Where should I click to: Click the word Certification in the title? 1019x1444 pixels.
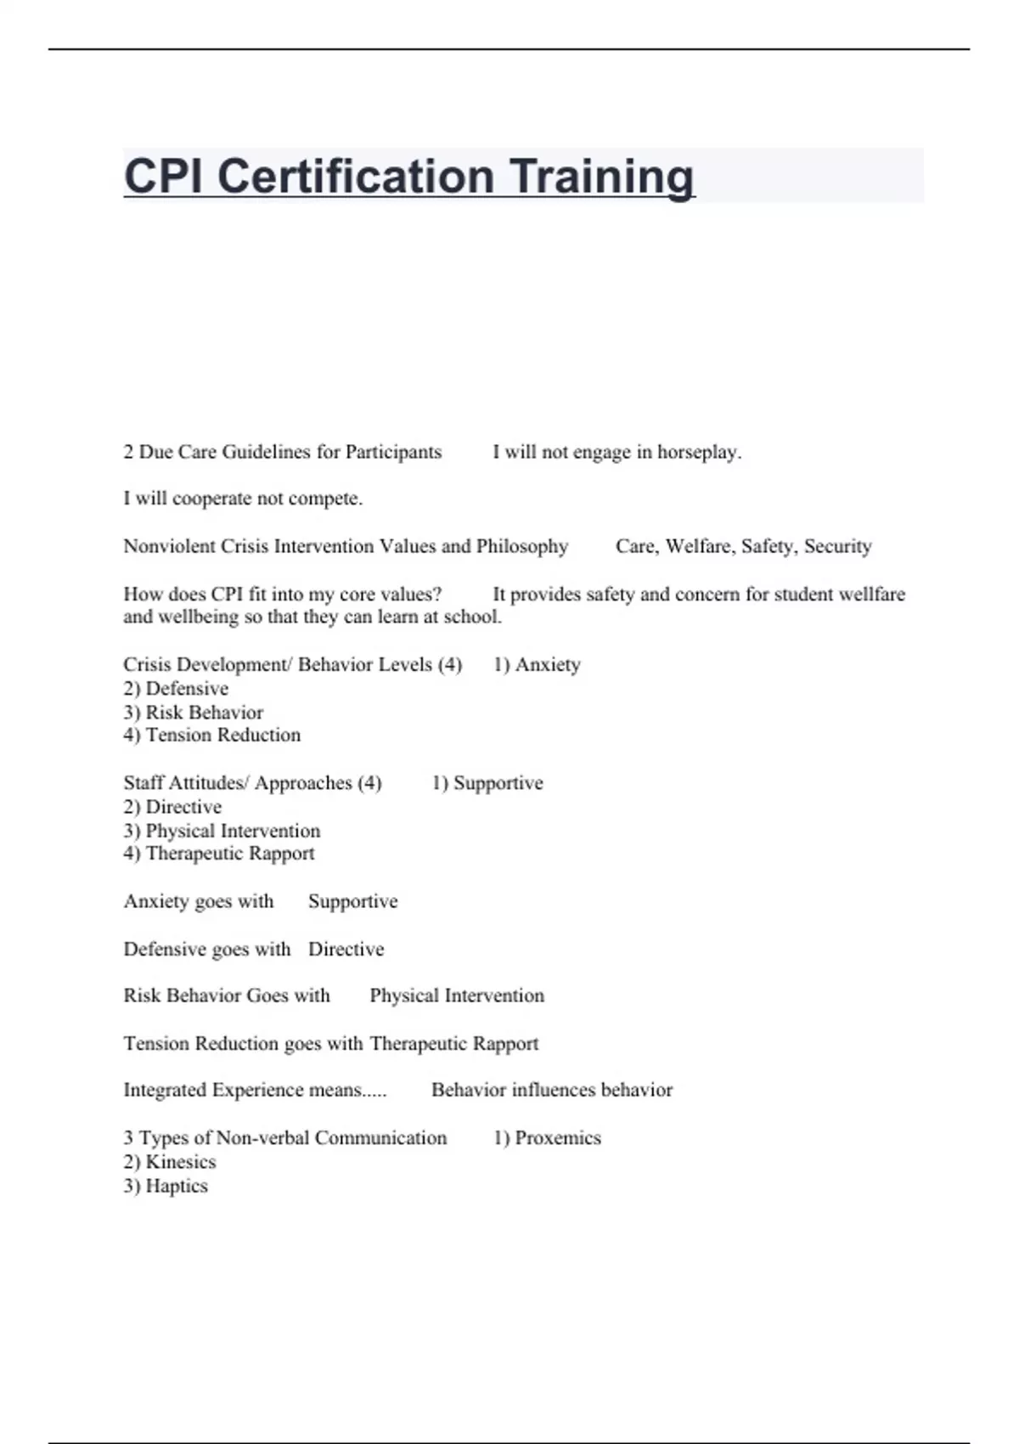click(x=355, y=177)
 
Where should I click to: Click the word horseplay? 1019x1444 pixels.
click(x=699, y=452)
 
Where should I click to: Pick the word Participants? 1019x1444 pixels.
click(x=393, y=452)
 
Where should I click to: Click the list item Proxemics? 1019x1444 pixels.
click(x=557, y=1138)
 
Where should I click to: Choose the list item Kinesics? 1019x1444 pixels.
click(x=180, y=1162)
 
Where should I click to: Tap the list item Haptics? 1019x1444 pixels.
click(x=176, y=1186)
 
